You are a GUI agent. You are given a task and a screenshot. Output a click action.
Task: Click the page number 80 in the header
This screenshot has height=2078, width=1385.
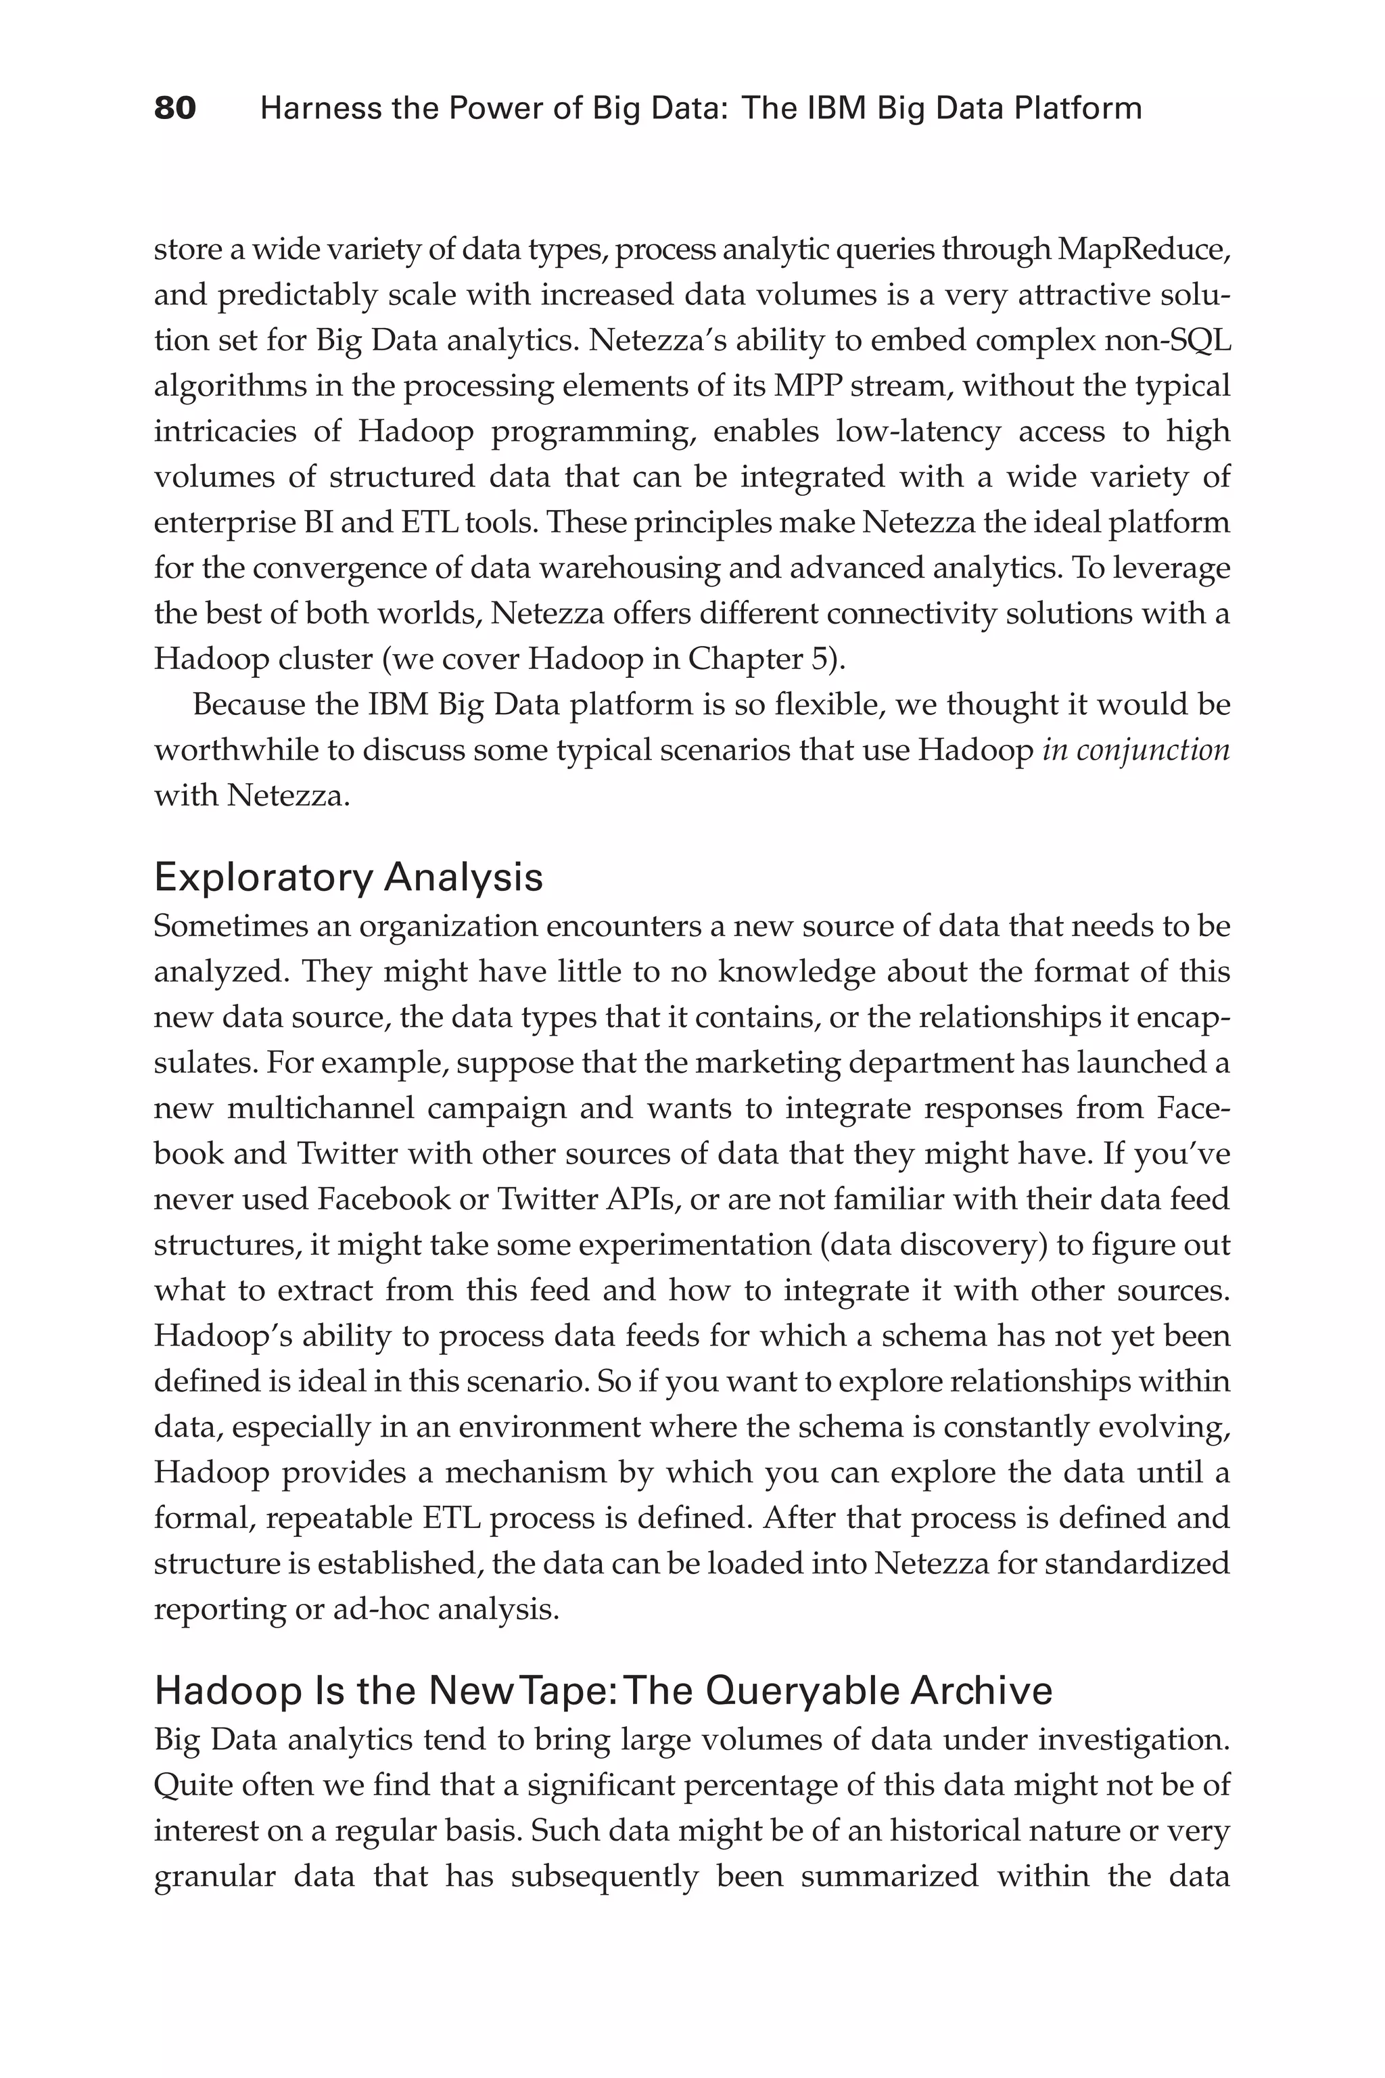point(175,109)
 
